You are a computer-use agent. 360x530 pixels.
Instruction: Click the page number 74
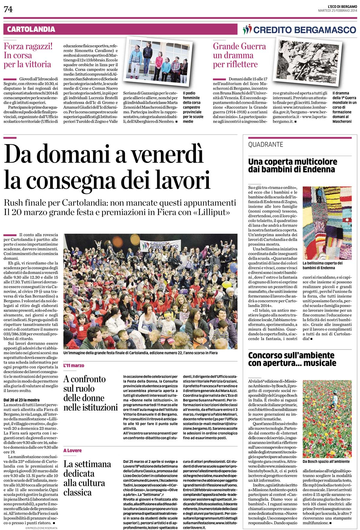pyautogui.click(x=8, y=10)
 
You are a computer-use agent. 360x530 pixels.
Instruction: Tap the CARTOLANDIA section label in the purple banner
pyautogui.click(x=31, y=29)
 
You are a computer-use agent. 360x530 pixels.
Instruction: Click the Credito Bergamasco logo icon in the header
pyautogui.click(x=247, y=29)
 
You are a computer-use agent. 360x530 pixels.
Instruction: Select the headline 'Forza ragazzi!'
pyautogui.click(x=28, y=46)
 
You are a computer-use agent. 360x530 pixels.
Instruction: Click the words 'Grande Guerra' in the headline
pyautogui.click(x=239, y=46)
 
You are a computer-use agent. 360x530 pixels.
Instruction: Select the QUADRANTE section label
pyautogui.click(x=265, y=145)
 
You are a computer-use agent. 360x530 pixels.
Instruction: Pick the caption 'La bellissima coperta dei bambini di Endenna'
pyautogui.click(x=322, y=265)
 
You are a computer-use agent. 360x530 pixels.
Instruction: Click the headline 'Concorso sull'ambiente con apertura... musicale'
pyautogui.click(x=292, y=359)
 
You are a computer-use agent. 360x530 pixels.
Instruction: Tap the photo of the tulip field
pyautogui.click(x=327, y=418)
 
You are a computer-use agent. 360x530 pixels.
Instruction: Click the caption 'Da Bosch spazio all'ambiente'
pyautogui.click(x=326, y=461)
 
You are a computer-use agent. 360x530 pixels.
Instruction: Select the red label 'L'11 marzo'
pyautogui.click(x=74, y=366)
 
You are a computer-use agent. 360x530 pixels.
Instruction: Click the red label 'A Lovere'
pyautogui.click(x=72, y=451)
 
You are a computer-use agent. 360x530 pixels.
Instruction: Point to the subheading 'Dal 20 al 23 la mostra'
pyautogui.click(x=22, y=400)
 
